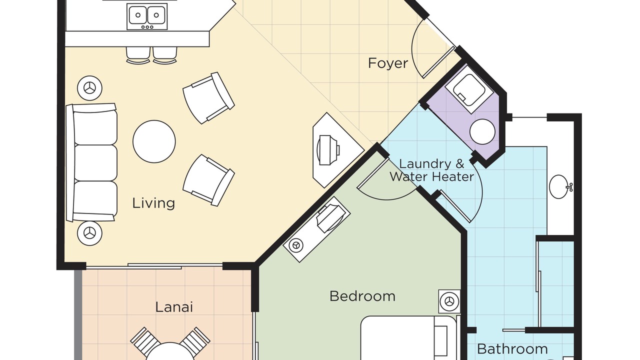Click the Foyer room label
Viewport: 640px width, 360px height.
[x=388, y=63]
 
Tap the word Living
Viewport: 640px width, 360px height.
[x=153, y=203]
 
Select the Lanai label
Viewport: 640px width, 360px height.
[x=174, y=307]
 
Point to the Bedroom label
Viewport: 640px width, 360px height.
[x=362, y=296]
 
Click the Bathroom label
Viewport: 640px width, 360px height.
[x=512, y=349]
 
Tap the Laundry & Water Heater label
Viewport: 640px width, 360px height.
[x=431, y=170]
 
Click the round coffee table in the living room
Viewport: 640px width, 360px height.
[x=154, y=141]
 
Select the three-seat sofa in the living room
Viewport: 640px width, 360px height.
[x=91, y=162]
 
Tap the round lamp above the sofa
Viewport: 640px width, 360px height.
[x=89, y=88]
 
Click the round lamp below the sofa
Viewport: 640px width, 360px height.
[x=89, y=233]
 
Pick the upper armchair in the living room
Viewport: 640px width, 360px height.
[x=208, y=98]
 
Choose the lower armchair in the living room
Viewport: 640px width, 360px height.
[x=208, y=180]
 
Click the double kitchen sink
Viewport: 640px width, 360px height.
[x=147, y=16]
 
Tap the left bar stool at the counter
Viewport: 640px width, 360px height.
[x=138, y=55]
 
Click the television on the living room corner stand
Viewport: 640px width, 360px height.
[x=328, y=150]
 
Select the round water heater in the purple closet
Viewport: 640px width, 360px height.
[x=482, y=131]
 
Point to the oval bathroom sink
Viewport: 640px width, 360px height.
[x=559, y=186]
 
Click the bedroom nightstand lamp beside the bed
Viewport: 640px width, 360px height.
[x=449, y=301]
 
